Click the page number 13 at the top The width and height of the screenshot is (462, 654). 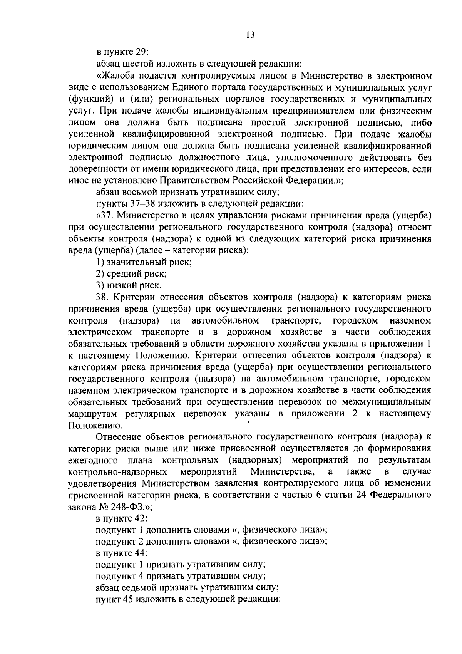pyautogui.click(x=250, y=35)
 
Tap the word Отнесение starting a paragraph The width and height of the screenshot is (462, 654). pyautogui.click(x=117, y=437)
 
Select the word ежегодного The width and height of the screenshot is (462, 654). pyautogui.click(x=93, y=460)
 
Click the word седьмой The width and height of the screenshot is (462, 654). pyautogui.click(x=141, y=588)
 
